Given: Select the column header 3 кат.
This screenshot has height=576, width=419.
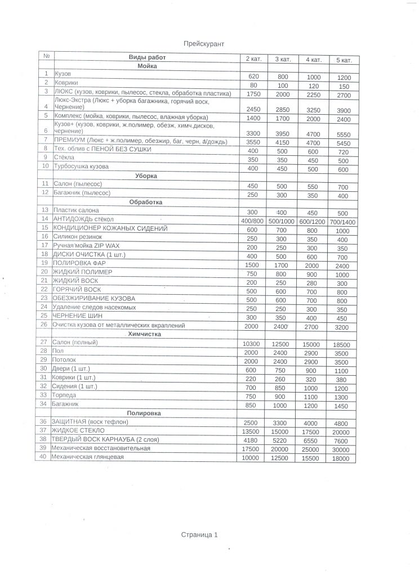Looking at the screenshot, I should tap(282, 59).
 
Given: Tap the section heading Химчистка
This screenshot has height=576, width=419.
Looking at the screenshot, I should tap(145, 334).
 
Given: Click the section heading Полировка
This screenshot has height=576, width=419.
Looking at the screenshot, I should tap(145, 413).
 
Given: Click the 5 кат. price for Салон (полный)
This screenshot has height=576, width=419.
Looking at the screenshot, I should tap(344, 344).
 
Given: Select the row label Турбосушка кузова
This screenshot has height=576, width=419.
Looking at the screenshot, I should tap(81, 167).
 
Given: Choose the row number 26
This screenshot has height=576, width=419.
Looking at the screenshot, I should tap(44, 325).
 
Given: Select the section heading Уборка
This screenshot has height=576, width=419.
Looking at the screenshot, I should tap(146, 176).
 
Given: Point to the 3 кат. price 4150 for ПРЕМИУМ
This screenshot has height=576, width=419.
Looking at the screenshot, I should tap(282, 143).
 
